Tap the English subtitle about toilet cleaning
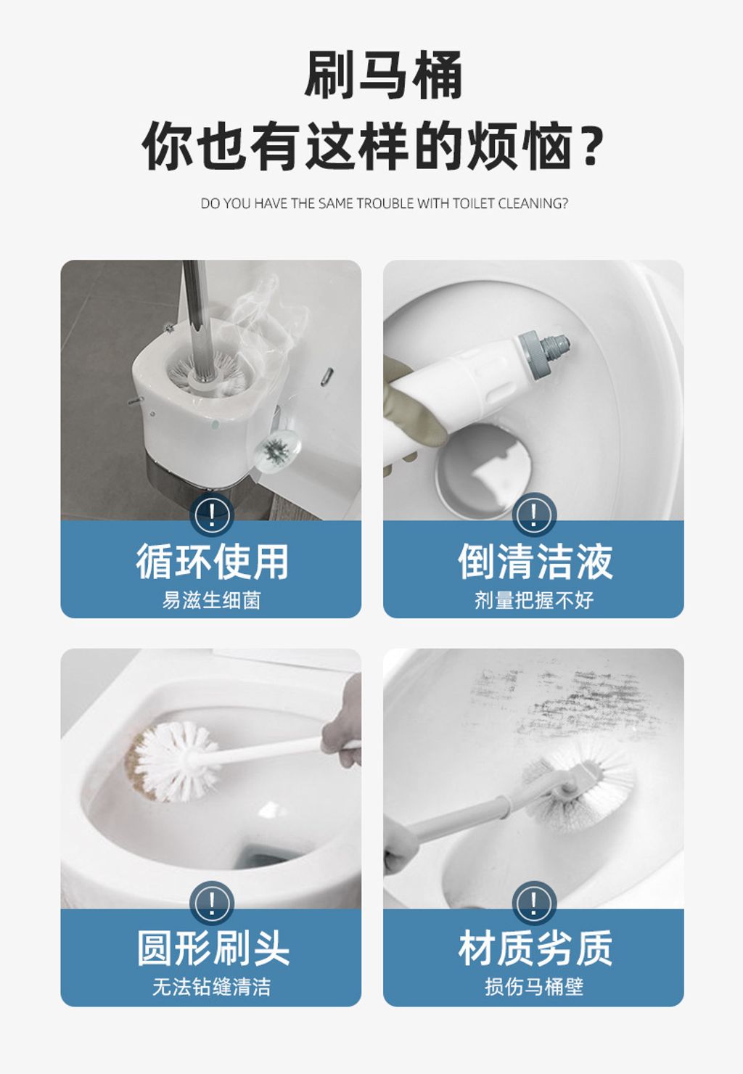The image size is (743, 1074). [384, 204]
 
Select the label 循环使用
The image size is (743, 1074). [212, 562]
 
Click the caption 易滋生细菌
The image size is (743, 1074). [211, 600]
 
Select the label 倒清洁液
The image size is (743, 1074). [535, 562]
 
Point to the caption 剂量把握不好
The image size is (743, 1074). [534, 600]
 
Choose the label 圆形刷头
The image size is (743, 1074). [213, 948]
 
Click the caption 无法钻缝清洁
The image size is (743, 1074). [211, 987]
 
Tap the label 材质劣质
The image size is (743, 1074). [535, 948]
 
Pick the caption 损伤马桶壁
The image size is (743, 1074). [534, 987]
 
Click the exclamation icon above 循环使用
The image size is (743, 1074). [211, 515]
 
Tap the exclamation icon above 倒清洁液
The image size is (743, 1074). [534, 515]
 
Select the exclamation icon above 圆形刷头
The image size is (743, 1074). [211, 903]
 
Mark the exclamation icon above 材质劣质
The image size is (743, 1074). [534, 903]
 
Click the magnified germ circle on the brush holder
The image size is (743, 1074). [275, 451]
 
